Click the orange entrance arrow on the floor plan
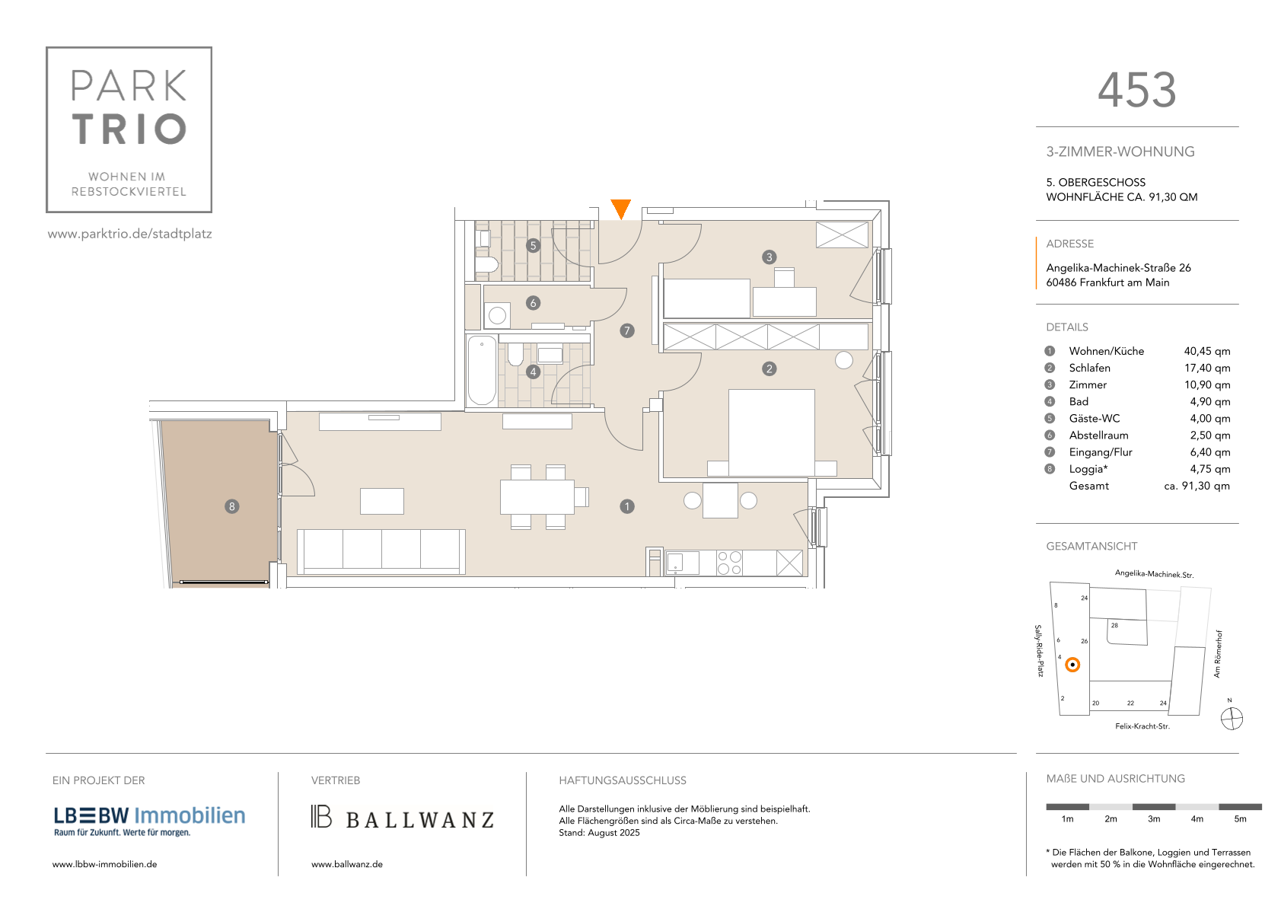620,208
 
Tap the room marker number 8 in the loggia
231,506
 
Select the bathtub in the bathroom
482,371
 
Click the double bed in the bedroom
772,433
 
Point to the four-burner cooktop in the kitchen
729,562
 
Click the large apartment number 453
1137,90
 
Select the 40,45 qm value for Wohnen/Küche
1206,351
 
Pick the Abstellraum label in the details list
1098,435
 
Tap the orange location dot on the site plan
1072,665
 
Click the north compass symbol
1232,719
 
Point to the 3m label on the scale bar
1153,819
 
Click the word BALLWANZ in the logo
420,820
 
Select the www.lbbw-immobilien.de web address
104,864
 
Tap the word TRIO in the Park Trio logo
129,129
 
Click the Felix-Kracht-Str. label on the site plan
1142,726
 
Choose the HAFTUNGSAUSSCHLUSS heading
622,780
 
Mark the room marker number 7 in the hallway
626,330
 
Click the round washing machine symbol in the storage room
497,315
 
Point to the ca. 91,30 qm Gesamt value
1197,486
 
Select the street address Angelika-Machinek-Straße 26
1118,268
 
